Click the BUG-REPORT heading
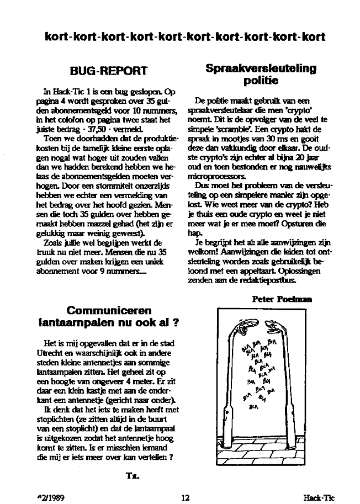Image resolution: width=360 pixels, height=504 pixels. pos(109,71)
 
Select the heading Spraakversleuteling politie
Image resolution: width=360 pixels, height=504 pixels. pos(261,75)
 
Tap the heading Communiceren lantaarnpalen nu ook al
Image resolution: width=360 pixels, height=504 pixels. pos(109,316)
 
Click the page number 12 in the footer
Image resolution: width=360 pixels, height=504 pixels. pos(186,497)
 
